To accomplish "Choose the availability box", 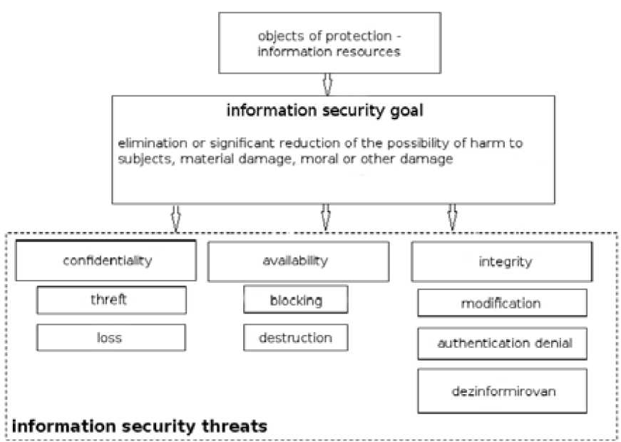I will (x=298, y=261).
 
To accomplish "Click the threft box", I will (x=111, y=300).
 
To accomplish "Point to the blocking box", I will (x=295, y=300).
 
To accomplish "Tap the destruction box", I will (x=295, y=337).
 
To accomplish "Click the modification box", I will (x=501, y=303).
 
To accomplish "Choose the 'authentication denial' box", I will (x=503, y=343).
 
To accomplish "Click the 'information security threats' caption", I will (x=140, y=427).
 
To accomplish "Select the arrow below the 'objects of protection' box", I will (x=327, y=84).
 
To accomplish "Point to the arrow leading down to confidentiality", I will (x=175, y=218).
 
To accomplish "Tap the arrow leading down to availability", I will (x=326, y=218).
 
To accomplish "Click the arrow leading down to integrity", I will (x=451, y=218).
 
